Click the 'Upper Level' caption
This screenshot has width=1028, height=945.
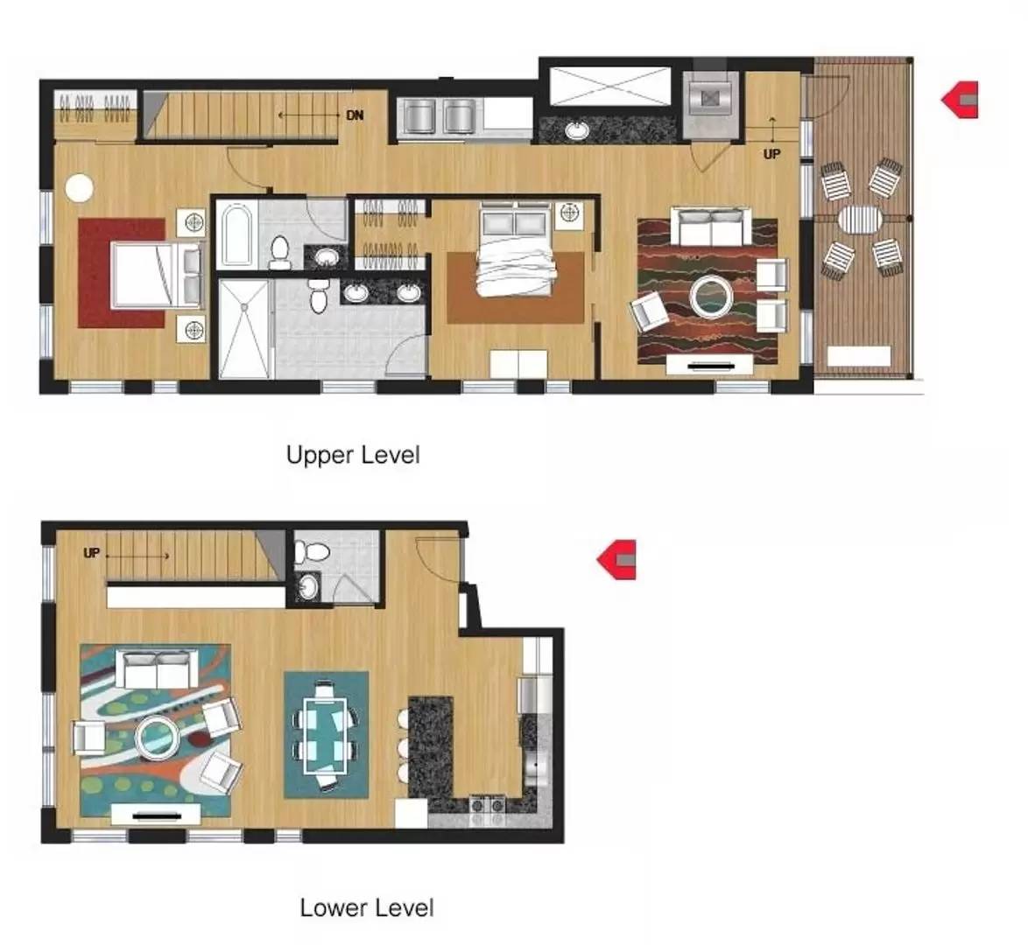(x=353, y=455)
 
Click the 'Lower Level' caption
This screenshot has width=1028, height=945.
(x=367, y=907)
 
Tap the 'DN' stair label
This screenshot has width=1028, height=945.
(x=355, y=115)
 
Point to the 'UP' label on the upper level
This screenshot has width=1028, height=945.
(x=771, y=154)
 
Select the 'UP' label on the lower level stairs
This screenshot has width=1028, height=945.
(x=92, y=553)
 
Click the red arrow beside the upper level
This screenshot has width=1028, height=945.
(x=960, y=100)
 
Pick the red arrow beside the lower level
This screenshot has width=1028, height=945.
(x=616, y=560)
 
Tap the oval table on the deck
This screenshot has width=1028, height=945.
(x=860, y=220)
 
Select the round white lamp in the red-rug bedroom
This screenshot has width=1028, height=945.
(x=80, y=188)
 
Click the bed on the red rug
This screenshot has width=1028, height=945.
(x=156, y=276)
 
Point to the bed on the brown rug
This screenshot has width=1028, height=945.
(x=515, y=250)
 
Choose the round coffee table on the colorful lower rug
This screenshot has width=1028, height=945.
(x=158, y=738)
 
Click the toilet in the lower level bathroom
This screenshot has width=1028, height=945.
(x=311, y=552)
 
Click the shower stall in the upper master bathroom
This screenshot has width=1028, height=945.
(x=244, y=328)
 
